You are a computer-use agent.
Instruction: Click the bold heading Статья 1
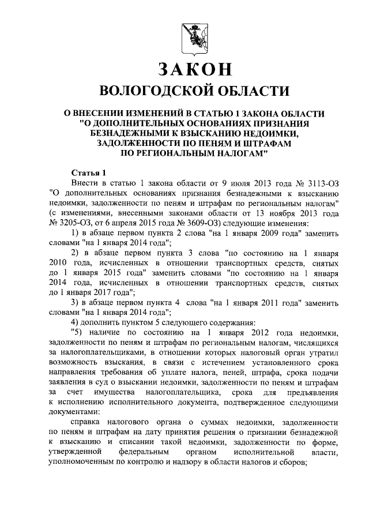click(88, 172)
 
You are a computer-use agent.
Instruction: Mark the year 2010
click(61, 263)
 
